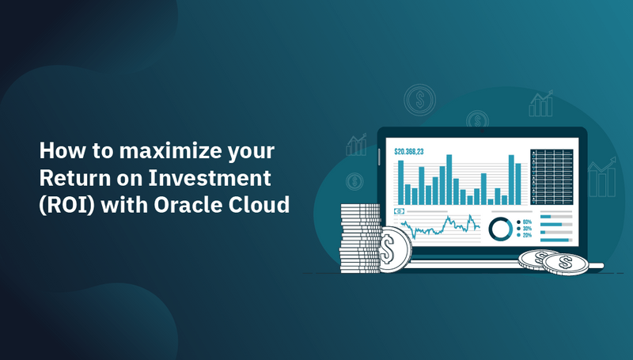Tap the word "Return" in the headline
pyautogui.click(x=71, y=177)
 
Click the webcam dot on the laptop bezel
pyautogui.click(x=481, y=131)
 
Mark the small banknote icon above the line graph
pyautogui.click(x=400, y=211)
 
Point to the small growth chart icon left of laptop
pyautogui.click(x=356, y=145)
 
